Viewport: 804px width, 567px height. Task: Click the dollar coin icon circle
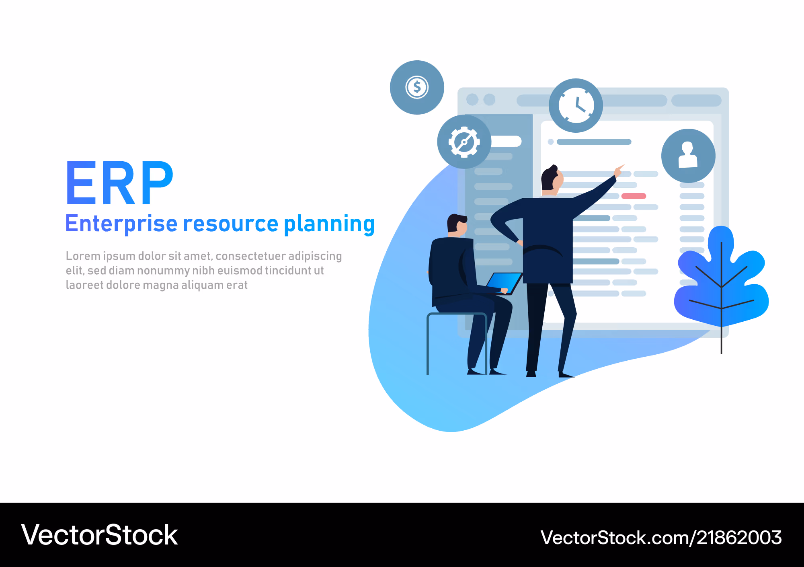pos(417,87)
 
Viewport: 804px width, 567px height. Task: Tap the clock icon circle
pos(576,105)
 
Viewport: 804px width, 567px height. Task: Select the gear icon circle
pos(464,142)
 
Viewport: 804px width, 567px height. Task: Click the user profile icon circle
pos(688,156)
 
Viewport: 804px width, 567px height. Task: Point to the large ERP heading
pos(119,183)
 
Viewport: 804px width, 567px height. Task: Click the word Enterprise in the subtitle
pos(121,224)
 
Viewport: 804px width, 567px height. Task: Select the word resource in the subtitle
pos(230,224)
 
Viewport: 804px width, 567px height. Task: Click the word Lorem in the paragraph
pos(83,256)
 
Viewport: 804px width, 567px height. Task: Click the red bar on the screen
pos(634,196)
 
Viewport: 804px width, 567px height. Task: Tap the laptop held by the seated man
pos(504,283)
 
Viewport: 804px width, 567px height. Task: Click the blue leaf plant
pos(722,281)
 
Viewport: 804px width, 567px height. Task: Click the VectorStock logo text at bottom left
pos(99,535)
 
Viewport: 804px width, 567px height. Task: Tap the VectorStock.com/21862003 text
pos(661,537)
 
